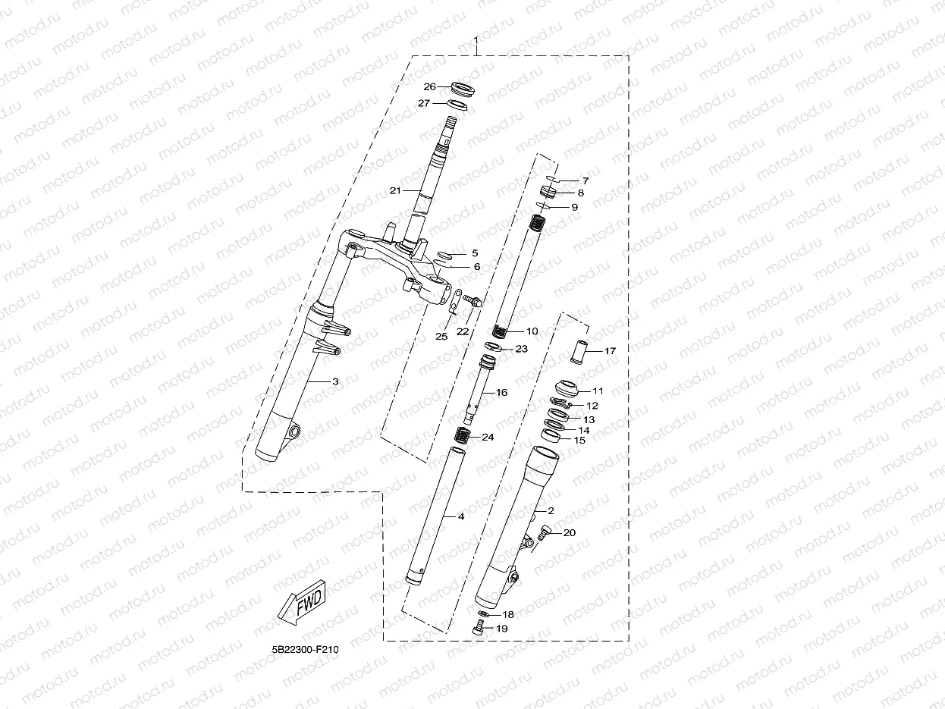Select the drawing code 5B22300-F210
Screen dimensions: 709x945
tap(301, 651)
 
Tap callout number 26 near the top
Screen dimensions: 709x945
tap(430, 86)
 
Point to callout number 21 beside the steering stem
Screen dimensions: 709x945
tap(394, 190)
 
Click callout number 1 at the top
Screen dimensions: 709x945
tap(476, 39)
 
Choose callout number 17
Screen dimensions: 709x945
tap(610, 351)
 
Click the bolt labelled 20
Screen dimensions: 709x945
tap(543, 535)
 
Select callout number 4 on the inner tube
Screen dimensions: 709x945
tap(460, 516)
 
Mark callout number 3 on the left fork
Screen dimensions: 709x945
tap(334, 381)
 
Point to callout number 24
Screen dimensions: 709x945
tap(487, 438)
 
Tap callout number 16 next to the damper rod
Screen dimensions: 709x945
tap(501, 393)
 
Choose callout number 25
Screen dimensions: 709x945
tap(441, 336)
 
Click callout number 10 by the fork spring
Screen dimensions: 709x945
tap(532, 331)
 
